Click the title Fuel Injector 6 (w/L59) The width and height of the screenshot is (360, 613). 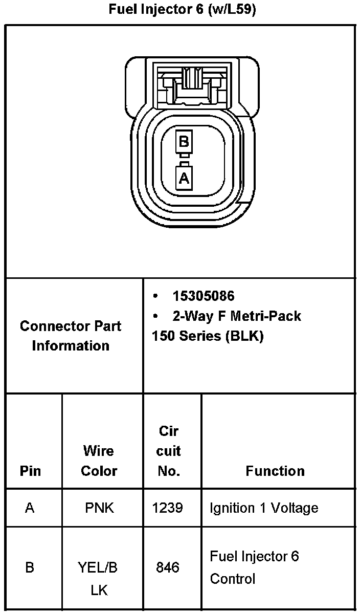[x=182, y=10]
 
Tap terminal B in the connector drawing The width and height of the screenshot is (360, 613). [x=184, y=142]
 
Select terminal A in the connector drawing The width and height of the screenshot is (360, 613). [x=184, y=179]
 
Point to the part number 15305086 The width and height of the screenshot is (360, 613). [x=204, y=296]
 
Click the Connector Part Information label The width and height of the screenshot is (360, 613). [x=71, y=336]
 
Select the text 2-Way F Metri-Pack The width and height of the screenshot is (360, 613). [x=236, y=316]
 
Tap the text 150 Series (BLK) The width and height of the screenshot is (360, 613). [x=207, y=337]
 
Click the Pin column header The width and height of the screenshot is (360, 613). [x=30, y=471]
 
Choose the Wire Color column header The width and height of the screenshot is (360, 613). [x=99, y=461]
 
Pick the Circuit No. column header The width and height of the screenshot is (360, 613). [x=169, y=451]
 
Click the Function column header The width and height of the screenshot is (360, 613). [x=275, y=471]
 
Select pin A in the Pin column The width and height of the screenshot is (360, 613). [x=30, y=508]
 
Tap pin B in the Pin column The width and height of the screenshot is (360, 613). [x=30, y=568]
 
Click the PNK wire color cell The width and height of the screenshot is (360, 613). [x=99, y=508]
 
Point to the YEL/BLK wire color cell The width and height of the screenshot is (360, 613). [x=98, y=579]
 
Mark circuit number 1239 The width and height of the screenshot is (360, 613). [x=168, y=508]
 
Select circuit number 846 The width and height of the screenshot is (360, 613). [x=168, y=567]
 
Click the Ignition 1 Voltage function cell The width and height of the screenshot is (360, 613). [x=264, y=508]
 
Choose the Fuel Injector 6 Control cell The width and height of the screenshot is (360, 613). [x=254, y=567]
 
